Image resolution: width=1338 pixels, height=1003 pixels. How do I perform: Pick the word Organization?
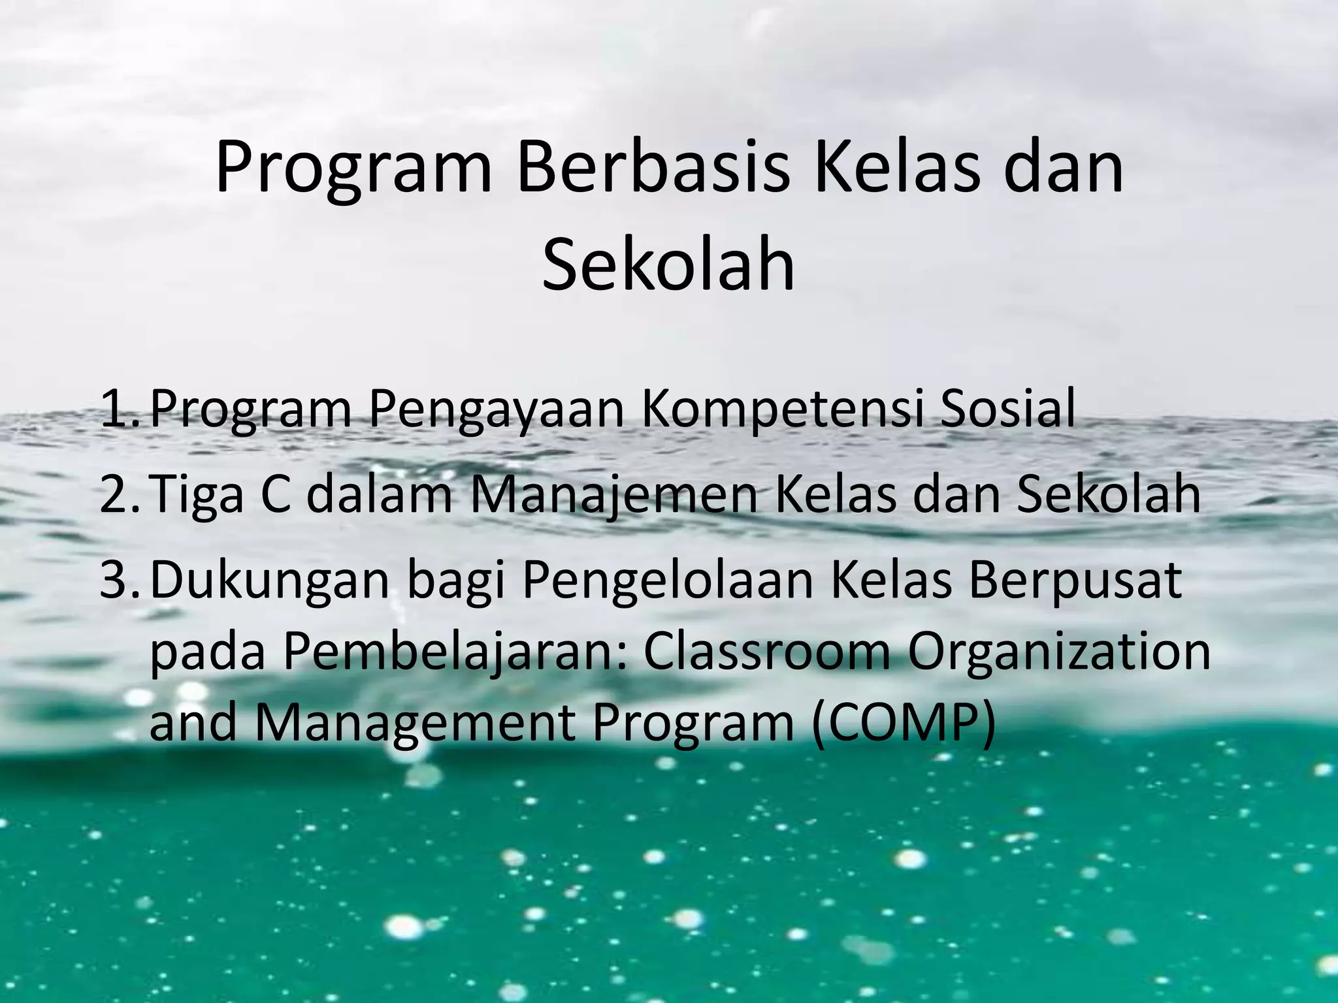pos(1058,653)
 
